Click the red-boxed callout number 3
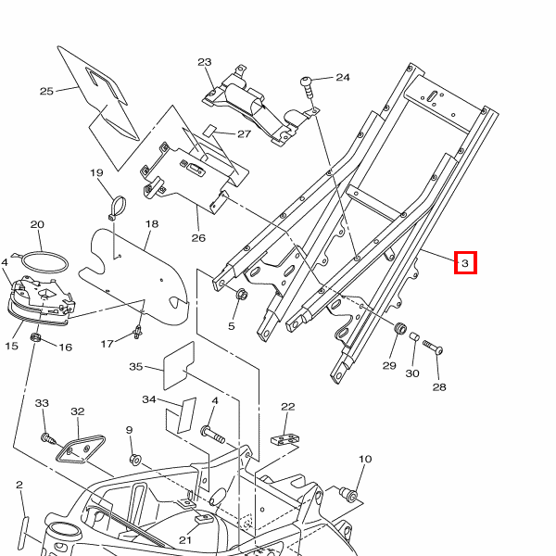tap(466, 264)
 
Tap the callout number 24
tap(343, 78)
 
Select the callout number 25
tap(46, 91)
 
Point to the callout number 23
tap(205, 63)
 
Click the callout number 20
tap(37, 224)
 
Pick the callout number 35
tap(136, 367)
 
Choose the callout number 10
tap(364, 459)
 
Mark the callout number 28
tap(438, 387)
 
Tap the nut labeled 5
tap(241, 296)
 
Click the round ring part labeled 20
tap(44, 261)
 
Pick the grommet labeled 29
tap(401, 330)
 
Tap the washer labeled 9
tap(135, 459)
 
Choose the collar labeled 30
tap(416, 337)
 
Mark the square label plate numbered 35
tap(179, 364)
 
